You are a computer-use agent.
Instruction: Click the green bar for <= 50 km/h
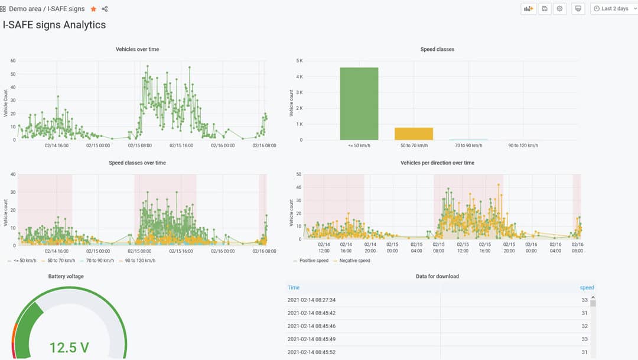359,104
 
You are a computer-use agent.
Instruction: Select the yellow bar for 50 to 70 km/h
414,134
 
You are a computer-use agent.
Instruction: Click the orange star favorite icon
93,9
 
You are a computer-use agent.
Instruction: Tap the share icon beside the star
105,9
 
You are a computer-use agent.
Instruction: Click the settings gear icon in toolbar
559,9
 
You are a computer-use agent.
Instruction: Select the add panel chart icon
528,9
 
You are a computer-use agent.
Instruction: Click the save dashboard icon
544,9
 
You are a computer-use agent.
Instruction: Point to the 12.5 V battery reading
69,348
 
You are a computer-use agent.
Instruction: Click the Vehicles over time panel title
137,49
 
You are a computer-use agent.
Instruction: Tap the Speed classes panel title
437,49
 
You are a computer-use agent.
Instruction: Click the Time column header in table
294,288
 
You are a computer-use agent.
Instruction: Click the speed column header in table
587,288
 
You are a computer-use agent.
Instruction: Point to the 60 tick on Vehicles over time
12,61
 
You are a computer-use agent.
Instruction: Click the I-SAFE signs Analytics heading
54,25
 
